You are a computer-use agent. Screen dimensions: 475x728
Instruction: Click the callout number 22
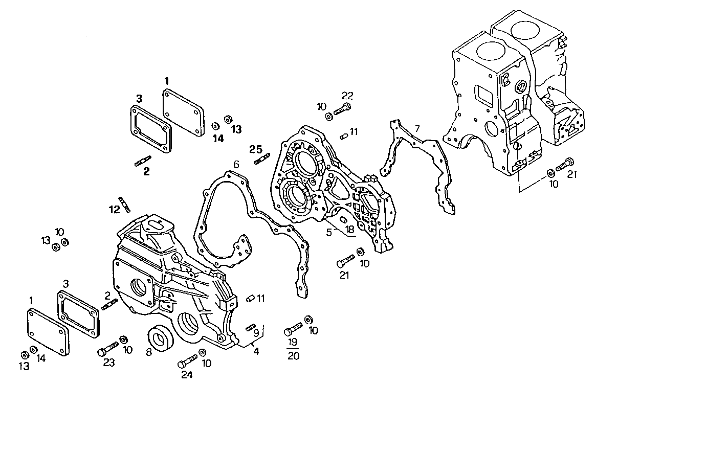pyautogui.click(x=347, y=96)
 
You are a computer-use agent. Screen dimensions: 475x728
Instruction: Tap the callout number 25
pyautogui.click(x=256, y=149)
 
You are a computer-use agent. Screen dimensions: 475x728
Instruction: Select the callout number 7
pyautogui.click(x=417, y=128)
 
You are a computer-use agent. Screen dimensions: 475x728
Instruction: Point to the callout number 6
pyautogui.click(x=236, y=165)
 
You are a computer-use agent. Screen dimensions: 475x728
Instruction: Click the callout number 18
pyautogui.click(x=350, y=230)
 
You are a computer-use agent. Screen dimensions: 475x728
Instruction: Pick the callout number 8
pyautogui.click(x=149, y=352)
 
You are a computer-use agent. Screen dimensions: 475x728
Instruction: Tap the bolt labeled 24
pyautogui.click(x=187, y=360)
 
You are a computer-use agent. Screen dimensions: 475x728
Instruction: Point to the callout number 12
pyautogui.click(x=114, y=209)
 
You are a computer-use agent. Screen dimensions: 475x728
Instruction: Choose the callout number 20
pyautogui.click(x=293, y=356)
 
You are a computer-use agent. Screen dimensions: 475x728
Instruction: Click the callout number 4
pyautogui.click(x=256, y=351)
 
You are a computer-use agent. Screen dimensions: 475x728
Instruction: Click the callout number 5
pyautogui.click(x=329, y=232)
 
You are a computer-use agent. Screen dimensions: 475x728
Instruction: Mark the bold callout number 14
pyautogui.click(x=218, y=139)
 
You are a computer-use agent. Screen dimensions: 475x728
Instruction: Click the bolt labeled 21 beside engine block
pyautogui.click(x=564, y=164)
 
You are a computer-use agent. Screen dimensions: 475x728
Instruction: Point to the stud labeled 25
pyautogui.click(x=261, y=160)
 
